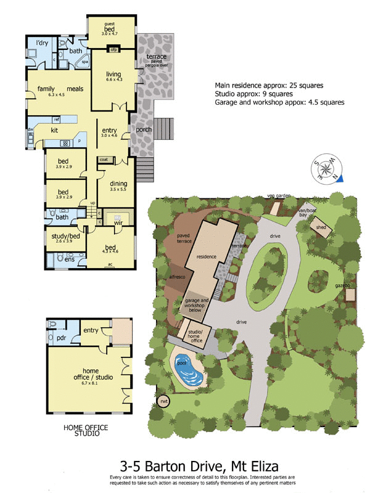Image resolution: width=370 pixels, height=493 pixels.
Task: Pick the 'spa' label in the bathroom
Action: click(x=84, y=62)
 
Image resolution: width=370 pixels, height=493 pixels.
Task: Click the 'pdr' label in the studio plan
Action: click(x=62, y=338)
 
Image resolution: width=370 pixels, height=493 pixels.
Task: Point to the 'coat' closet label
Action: click(x=104, y=159)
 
